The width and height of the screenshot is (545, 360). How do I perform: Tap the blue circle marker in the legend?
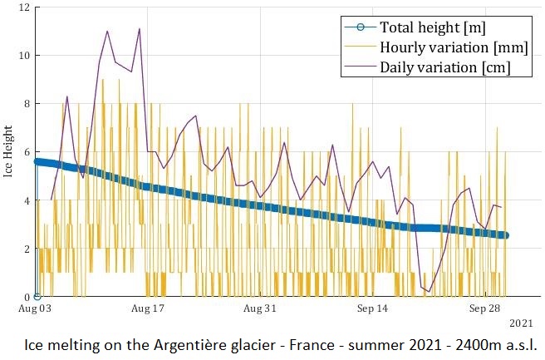[359, 27]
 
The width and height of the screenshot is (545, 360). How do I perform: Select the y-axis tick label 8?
[27, 104]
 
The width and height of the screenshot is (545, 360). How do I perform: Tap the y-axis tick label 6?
[27, 152]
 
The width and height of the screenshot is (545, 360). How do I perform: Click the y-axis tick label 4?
[27, 200]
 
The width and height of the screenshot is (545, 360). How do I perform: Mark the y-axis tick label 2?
[27, 249]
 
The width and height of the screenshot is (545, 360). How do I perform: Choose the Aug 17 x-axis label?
[147, 308]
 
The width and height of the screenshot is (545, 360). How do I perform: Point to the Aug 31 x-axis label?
[259, 308]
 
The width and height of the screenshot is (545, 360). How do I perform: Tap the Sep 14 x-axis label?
[371, 308]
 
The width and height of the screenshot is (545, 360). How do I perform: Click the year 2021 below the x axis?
[521, 323]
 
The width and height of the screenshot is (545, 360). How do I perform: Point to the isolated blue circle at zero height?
[37, 296]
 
